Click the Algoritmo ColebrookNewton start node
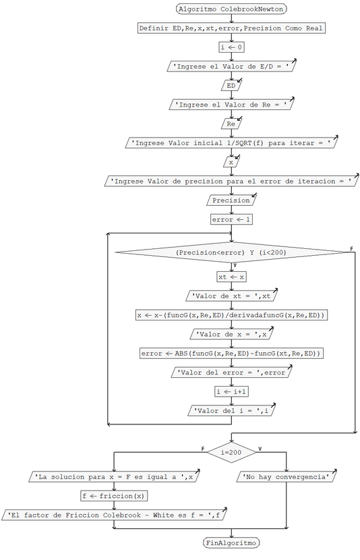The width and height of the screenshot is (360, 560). [231, 9]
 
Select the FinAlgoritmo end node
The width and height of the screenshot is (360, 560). [231, 542]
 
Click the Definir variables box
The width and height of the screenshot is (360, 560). [231, 28]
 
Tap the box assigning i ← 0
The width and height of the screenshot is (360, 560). [231, 47]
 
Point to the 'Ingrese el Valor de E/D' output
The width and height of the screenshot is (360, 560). [231, 67]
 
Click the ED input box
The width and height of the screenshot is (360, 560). [231, 86]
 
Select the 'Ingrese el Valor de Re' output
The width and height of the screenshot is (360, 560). [231, 105]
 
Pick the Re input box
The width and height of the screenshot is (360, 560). [231, 124]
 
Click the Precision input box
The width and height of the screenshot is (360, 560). [231, 200]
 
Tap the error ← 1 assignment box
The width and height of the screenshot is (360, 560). [231, 219]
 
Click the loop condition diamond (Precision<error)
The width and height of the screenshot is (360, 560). [231, 252]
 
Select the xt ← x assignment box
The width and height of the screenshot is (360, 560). [231, 277]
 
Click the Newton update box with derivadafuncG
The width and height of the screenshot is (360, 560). [231, 315]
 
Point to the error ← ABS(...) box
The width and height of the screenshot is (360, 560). [231, 353]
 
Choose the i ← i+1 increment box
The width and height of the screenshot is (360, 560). [231, 391]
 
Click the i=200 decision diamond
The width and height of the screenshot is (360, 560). [231, 451]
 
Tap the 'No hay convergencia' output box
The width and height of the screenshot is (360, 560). [287, 476]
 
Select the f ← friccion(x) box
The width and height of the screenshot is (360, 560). [114, 496]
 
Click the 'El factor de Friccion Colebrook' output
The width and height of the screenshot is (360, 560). [114, 515]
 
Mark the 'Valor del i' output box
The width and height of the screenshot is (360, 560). [231, 410]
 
